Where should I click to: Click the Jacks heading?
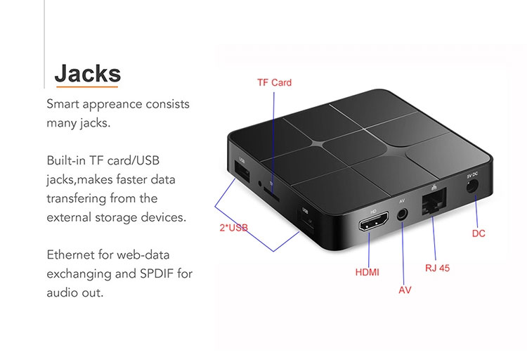(87, 73)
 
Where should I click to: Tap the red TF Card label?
(273, 82)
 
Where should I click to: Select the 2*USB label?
(230, 228)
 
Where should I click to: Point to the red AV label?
(405, 289)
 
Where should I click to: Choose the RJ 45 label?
(437, 268)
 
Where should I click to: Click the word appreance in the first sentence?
(118, 104)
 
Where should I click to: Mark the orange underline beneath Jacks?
(87, 87)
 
